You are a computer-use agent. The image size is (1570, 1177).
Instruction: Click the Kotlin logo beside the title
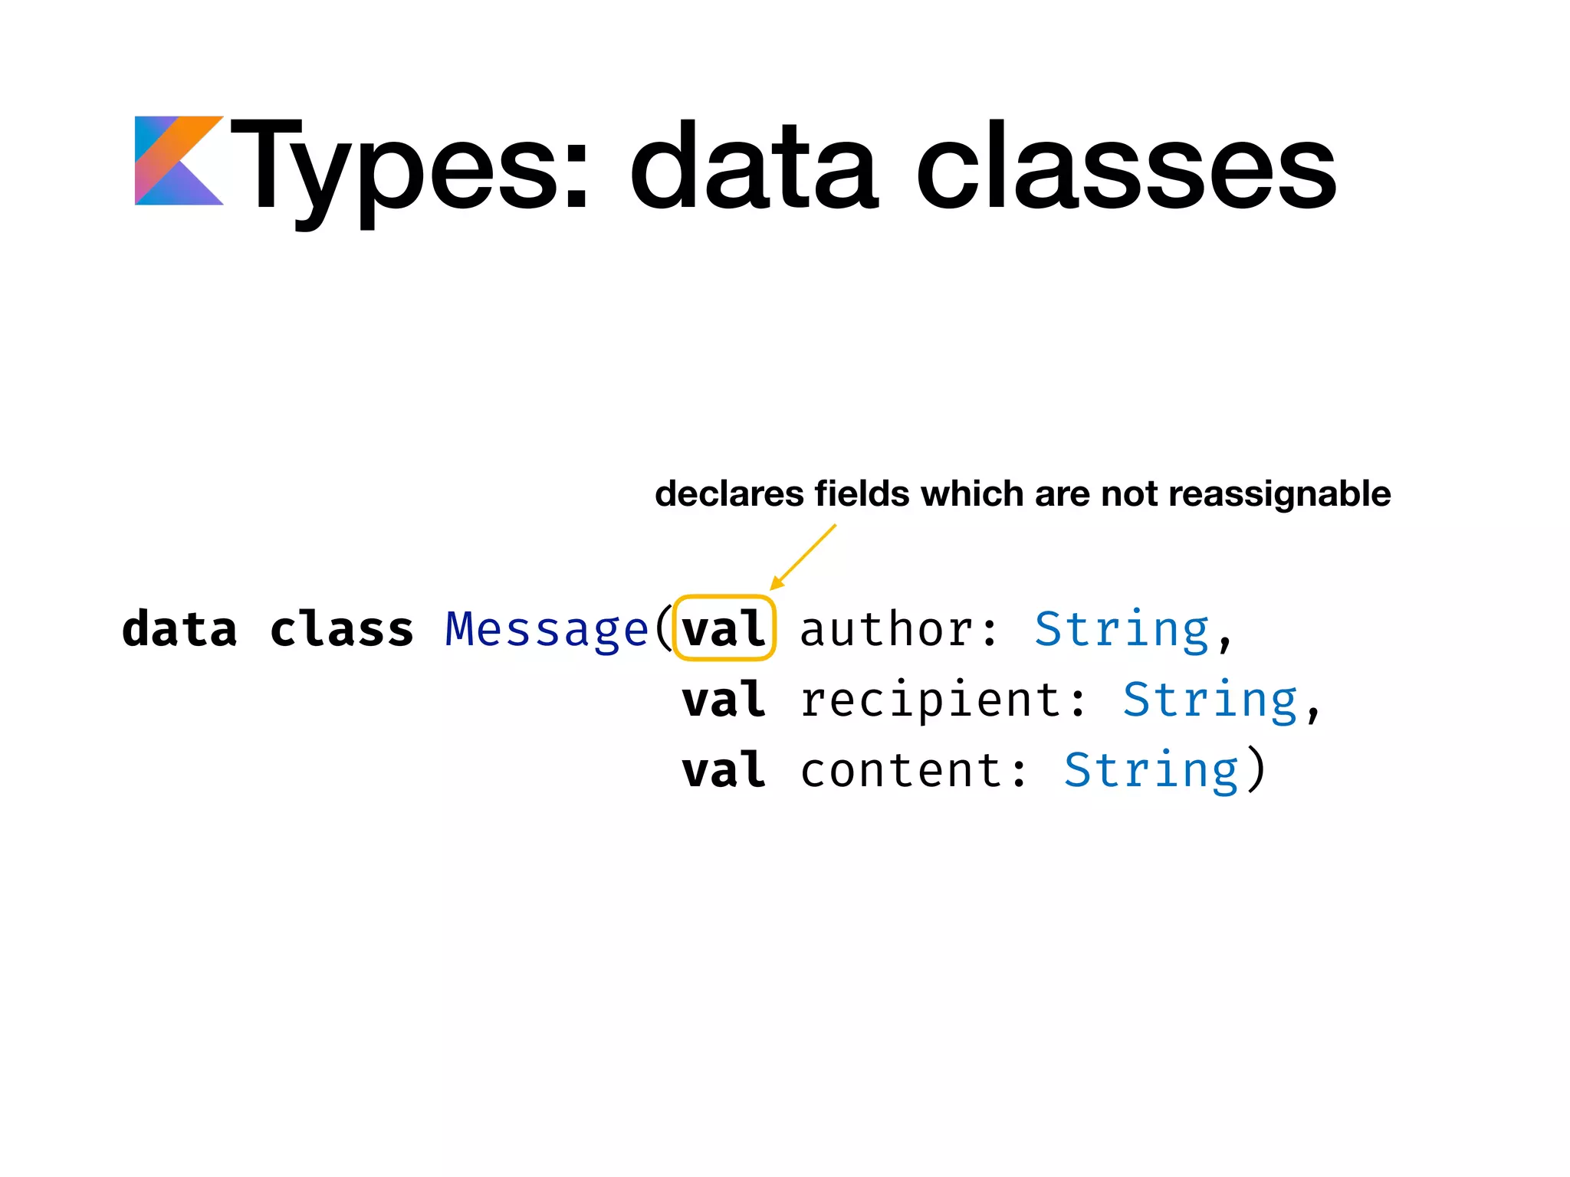click(179, 161)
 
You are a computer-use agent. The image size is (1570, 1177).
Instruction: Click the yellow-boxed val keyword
click(724, 629)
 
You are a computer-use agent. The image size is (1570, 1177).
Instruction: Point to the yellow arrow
click(803, 557)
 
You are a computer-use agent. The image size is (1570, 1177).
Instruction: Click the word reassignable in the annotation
click(1279, 494)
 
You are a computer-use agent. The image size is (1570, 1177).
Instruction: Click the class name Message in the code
click(547, 630)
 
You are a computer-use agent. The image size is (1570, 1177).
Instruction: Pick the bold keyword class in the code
click(342, 630)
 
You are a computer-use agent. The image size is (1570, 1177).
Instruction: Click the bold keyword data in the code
click(179, 630)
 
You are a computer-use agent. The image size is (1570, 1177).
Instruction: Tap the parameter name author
click(888, 630)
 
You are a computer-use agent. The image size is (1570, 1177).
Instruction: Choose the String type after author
click(1122, 630)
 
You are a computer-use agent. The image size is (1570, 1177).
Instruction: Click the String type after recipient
click(1210, 700)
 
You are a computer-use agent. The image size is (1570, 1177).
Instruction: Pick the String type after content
click(1151, 770)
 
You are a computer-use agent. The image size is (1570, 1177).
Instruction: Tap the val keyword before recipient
click(724, 700)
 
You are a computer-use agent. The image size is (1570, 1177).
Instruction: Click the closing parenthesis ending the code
click(1256, 770)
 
